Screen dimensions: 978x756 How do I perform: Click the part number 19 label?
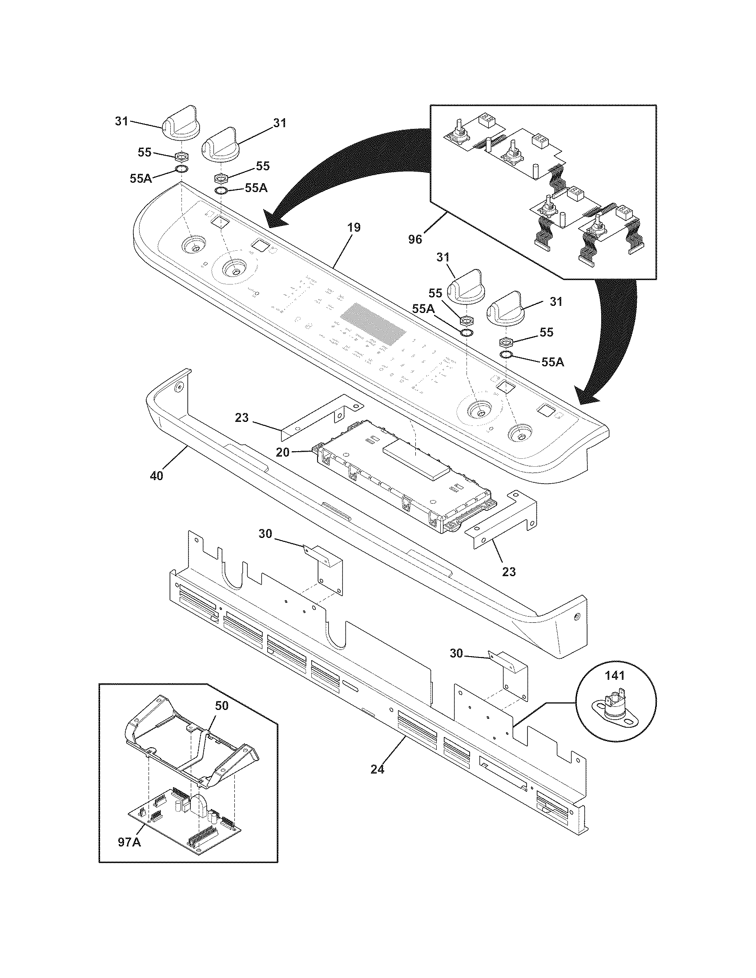pos(354,228)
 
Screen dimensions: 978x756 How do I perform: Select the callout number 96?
pos(415,240)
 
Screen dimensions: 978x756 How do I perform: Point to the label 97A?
pos(129,842)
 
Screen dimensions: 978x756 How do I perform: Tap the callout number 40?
pos(156,476)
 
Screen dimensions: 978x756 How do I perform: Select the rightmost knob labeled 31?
pos(505,308)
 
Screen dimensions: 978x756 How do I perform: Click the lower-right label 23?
pos(509,571)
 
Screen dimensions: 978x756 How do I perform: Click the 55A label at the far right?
pos(553,362)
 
